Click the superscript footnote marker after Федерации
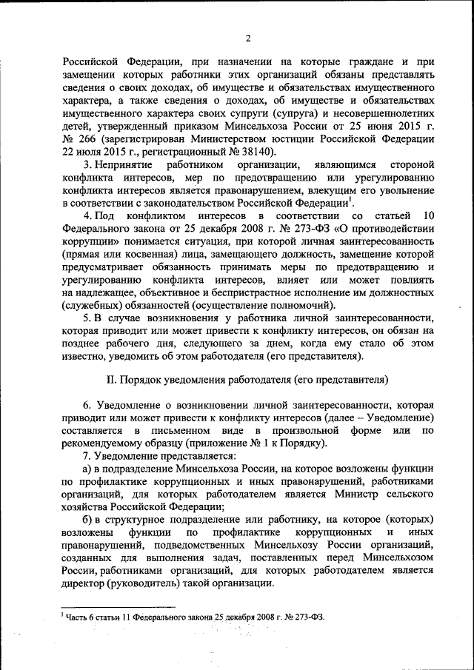coord(351,199)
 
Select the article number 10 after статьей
coord(427,215)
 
